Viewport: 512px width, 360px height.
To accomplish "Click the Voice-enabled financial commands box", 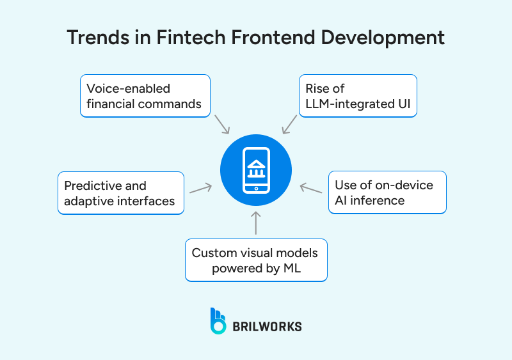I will point(145,96).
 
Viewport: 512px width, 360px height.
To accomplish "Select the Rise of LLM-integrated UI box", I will point(358,96).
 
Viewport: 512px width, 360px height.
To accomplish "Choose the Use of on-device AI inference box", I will point(387,192).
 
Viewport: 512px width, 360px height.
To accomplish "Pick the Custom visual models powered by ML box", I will point(256,260).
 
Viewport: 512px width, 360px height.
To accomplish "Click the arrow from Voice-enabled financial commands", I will point(221,124).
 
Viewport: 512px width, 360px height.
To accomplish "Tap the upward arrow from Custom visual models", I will point(256,223).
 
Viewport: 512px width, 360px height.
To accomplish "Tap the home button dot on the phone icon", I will point(256,189).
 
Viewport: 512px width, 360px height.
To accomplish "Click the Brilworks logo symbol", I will point(218,321).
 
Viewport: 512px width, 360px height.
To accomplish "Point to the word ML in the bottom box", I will point(291,269).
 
